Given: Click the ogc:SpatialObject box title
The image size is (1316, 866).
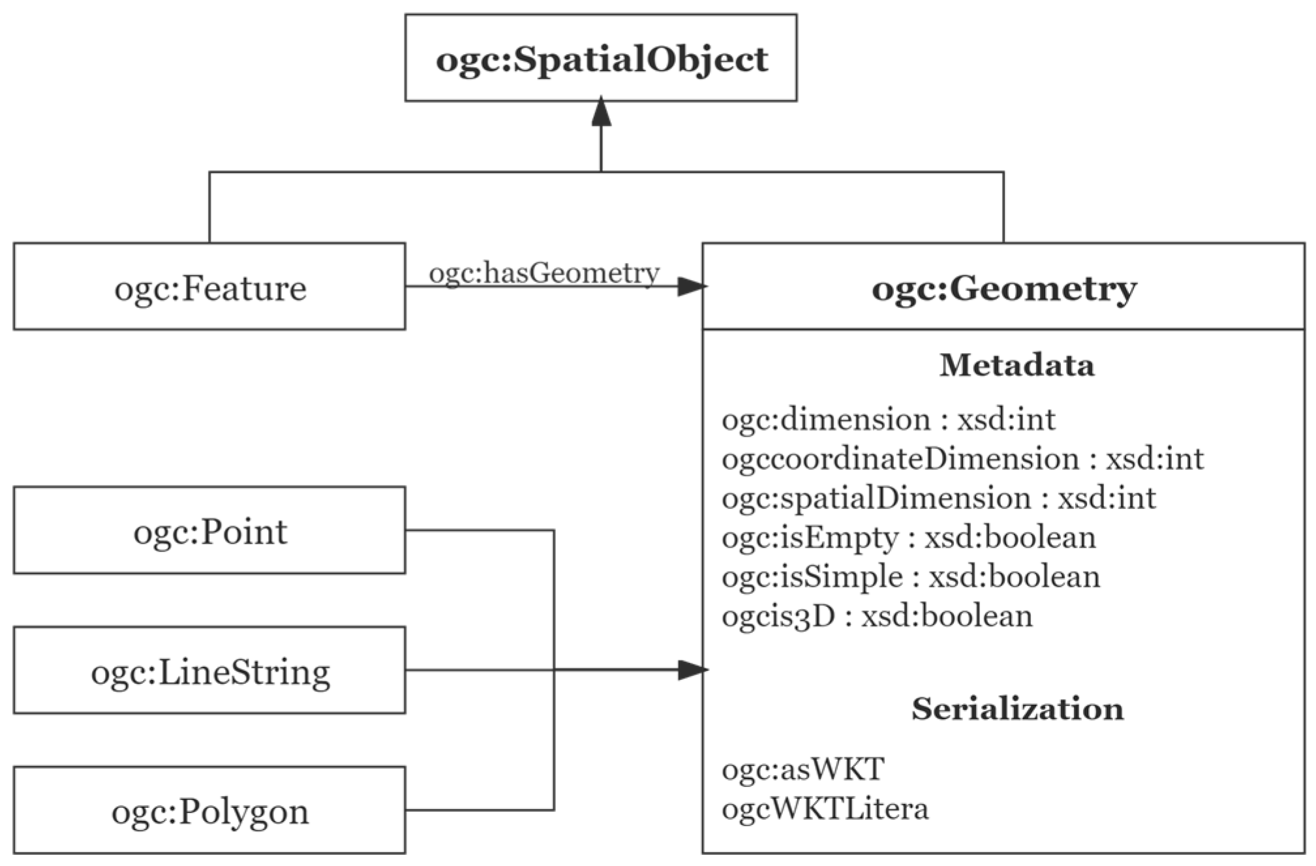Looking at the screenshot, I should click(x=601, y=59).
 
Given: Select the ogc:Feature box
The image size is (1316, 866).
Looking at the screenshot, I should click(x=209, y=288).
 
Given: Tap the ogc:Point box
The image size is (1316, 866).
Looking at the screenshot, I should click(x=209, y=531).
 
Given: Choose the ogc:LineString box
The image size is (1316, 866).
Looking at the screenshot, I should click(x=209, y=672).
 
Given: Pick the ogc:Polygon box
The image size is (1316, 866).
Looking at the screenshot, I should click(x=209, y=811).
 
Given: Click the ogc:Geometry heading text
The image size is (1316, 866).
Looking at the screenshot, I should click(x=1003, y=288).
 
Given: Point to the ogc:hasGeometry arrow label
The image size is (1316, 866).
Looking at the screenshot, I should click(x=543, y=272).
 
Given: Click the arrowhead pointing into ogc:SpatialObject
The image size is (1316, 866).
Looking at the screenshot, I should click(x=601, y=112).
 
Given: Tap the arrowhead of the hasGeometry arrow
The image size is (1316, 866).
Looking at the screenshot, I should click(x=690, y=286).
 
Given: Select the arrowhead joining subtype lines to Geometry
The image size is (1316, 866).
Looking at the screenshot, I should click(x=691, y=670).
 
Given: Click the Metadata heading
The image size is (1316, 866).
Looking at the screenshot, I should click(x=1017, y=365).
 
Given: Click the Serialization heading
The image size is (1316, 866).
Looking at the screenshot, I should click(x=1017, y=709).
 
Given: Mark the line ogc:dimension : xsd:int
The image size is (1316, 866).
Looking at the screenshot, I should click(x=888, y=419).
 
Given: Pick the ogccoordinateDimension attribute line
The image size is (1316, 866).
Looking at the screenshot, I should click(x=962, y=459).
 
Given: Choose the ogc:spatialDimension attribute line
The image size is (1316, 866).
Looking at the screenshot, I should click(x=938, y=498).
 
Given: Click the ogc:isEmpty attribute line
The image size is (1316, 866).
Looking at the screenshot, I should click(x=908, y=538).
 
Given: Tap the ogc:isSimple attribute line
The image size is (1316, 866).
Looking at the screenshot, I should click(x=910, y=577).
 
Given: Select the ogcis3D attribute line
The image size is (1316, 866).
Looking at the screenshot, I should click(x=877, y=616).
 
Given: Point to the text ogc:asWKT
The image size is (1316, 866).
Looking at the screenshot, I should click(x=803, y=769).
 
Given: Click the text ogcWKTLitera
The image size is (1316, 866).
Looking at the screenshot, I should click(x=825, y=809).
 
